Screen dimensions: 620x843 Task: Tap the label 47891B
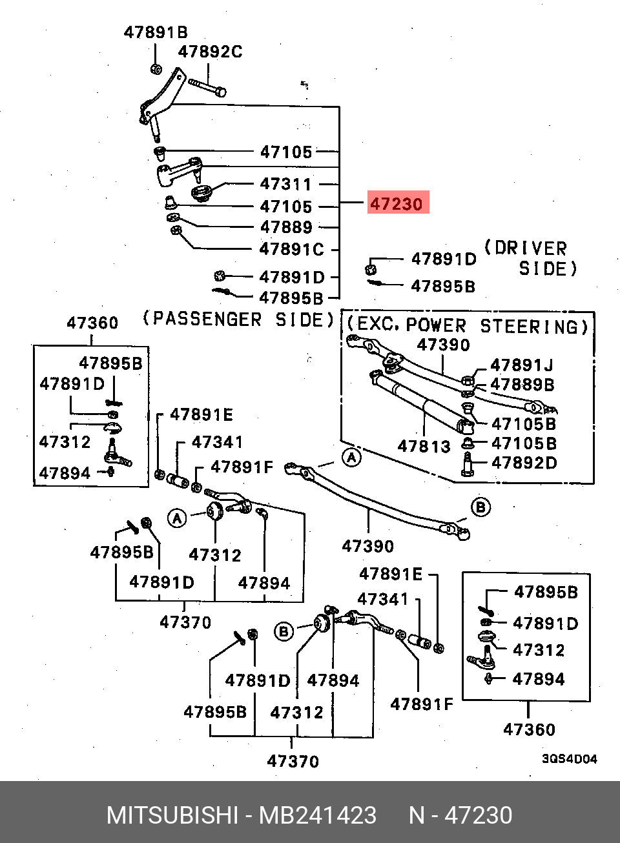click(x=156, y=32)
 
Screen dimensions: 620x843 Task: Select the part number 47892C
click(x=210, y=52)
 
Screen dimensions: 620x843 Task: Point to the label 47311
click(x=286, y=184)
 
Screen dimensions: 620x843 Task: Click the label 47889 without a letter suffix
click(x=286, y=227)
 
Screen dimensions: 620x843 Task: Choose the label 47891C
click(x=292, y=249)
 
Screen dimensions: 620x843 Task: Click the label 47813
click(x=424, y=446)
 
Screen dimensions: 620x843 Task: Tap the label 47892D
click(x=524, y=463)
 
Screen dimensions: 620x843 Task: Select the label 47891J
click(x=522, y=365)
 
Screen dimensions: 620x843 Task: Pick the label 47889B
click(x=522, y=385)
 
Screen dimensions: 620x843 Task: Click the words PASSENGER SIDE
click(x=239, y=320)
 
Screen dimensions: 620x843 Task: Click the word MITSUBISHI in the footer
click(x=172, y=815)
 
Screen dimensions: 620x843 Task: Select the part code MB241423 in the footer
click(x=318, y=815)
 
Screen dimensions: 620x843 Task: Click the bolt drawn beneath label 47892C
click(x=207, y=87)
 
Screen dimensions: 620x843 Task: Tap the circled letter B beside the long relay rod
click(x=480, y=507)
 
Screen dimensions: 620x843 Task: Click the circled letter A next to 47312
click(x=178, y=519)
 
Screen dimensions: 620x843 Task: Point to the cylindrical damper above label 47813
click(x=422, y=402)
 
